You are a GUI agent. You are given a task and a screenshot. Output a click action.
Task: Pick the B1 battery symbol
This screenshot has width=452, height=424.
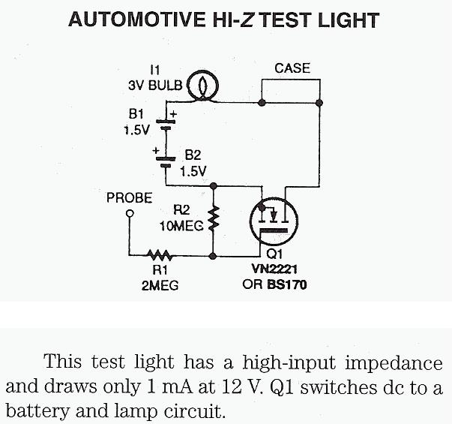[x=166, y=122]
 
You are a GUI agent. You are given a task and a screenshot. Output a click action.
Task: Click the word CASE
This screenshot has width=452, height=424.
[x=292, y=68]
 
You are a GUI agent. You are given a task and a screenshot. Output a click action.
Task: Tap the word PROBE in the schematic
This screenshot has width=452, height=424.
[x=130, y=198]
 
